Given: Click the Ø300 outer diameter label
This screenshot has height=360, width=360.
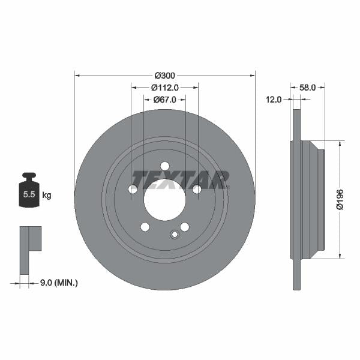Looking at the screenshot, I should [164, 75].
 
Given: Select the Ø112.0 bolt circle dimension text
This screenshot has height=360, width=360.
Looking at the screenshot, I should [164, 87].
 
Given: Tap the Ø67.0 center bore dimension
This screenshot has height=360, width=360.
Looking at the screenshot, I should [164, 100].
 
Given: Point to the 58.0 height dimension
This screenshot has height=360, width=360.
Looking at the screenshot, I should [307, 87].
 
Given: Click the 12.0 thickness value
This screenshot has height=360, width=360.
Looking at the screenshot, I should [274, 100].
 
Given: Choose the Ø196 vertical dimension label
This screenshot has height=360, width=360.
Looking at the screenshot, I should [340, 200].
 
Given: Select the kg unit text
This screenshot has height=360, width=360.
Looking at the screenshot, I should [47, 196].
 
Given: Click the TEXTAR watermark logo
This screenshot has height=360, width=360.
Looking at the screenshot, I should [181, 179].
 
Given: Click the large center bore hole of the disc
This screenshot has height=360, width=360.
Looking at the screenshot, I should [164, 200].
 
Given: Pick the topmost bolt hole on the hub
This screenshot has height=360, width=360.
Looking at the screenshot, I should [165, 167].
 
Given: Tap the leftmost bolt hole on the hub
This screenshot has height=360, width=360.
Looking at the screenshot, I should [133, 190].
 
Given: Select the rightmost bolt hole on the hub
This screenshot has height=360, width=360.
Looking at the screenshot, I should [196, 190].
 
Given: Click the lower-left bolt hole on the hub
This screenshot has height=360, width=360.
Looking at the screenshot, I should [145, 227].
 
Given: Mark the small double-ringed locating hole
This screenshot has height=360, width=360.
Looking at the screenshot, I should [174, 235].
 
